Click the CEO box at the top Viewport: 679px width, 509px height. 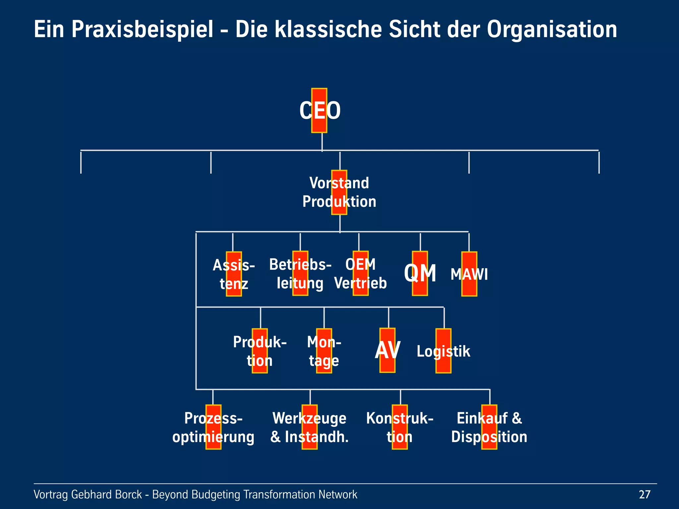[319, 110]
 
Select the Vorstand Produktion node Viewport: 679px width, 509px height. [339, 192]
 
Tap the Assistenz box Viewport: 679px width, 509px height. [234, 274]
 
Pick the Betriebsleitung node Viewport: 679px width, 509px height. [300, 273]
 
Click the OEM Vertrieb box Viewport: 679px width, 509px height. [360, 273]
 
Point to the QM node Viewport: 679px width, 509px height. [420, 273]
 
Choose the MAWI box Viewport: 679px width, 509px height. [469, 274]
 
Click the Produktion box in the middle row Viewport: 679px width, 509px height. [260, 351]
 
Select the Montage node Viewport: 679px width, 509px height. [324, 351]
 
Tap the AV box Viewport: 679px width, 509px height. [387, 350]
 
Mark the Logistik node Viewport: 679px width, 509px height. [443, 351]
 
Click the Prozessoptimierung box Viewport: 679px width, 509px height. [213, 427]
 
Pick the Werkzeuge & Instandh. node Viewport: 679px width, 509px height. [309, 427]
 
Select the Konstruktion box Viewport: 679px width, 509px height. [400, 427]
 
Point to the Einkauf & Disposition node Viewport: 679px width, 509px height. [489, 427]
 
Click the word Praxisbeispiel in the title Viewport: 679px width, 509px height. [142, 29]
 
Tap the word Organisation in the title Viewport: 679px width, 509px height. [552, 29]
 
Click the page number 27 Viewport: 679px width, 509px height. [645, 494]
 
